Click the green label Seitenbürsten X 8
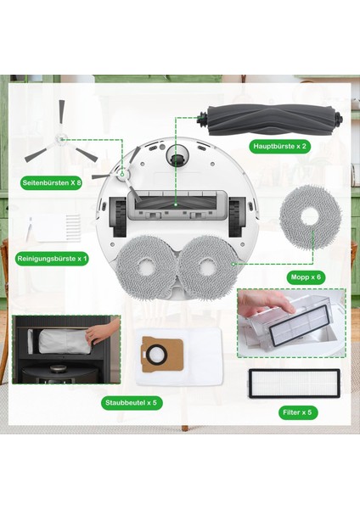pos(51,182)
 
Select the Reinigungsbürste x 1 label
pos(52,259)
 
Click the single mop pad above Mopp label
pos(312,222)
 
